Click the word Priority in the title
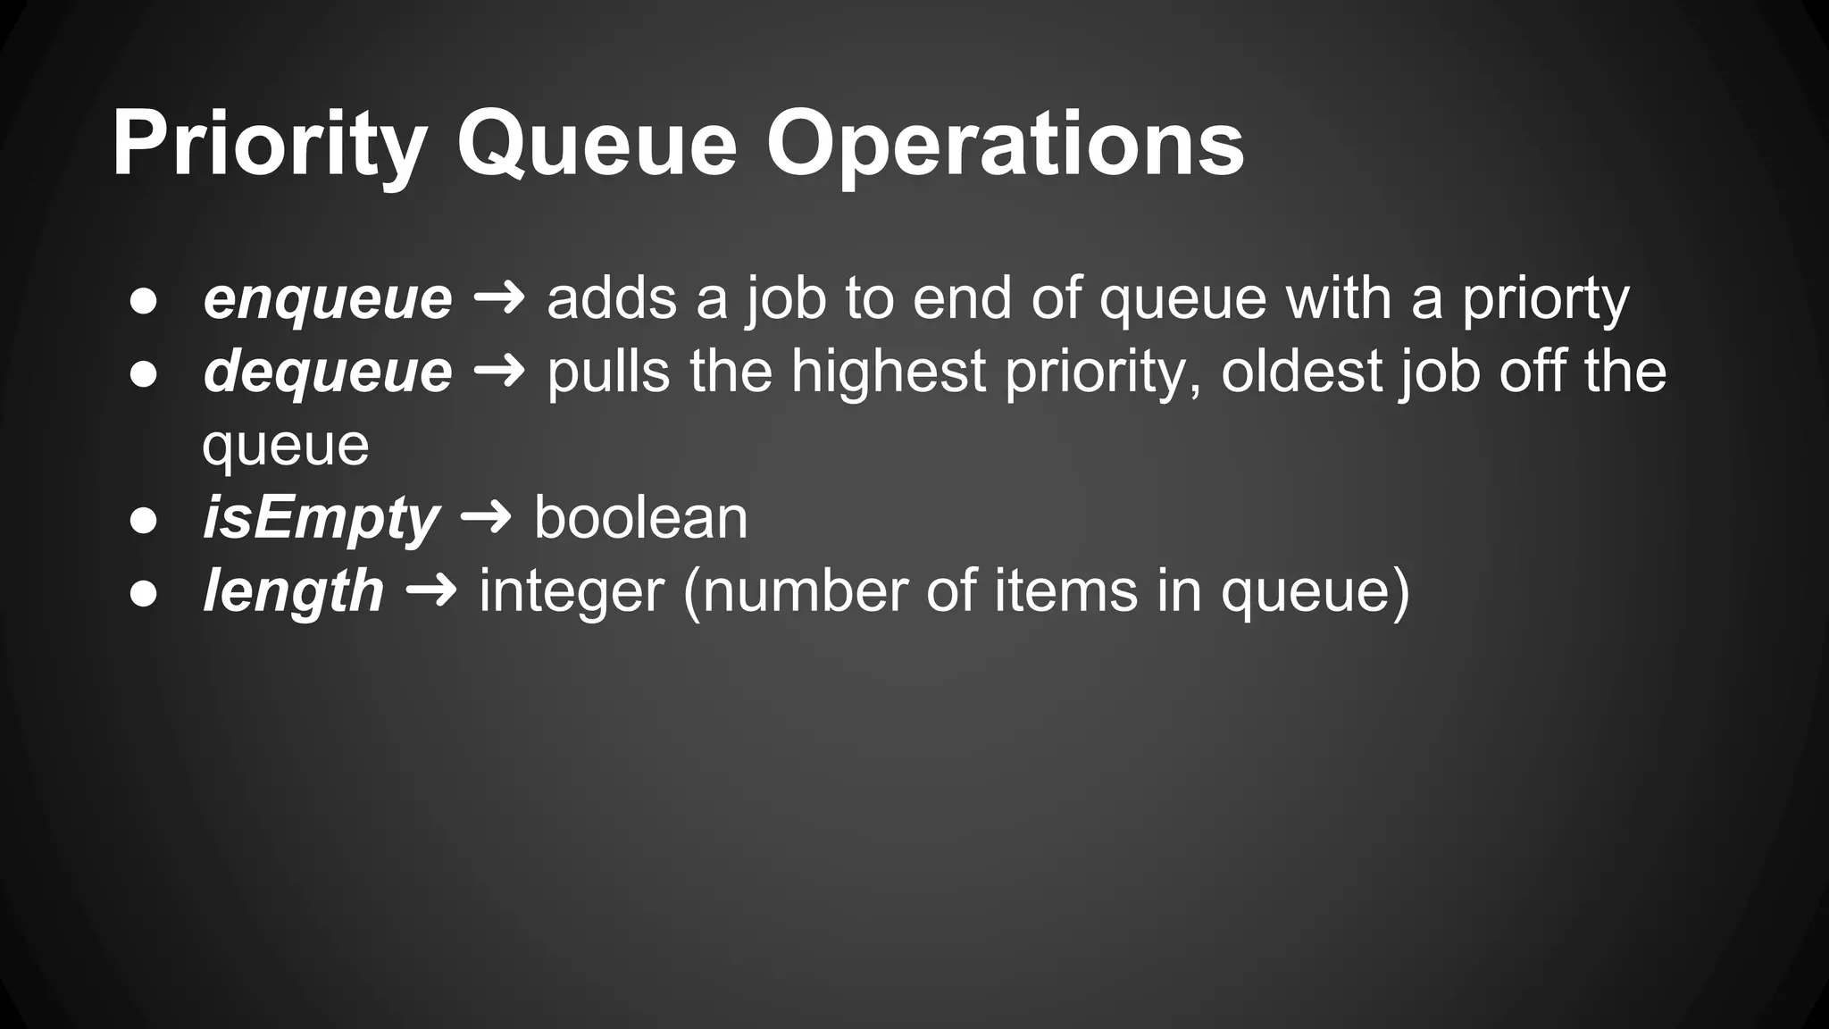click(269, 145)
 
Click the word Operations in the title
click(1005, 145)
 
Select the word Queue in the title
click(597, 145)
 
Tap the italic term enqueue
click(328, 298)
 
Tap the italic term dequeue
click(328, 372)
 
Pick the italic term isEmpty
click(321, 518)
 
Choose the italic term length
click(294, 591)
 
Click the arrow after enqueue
click(499, 298)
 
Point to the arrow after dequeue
click(499, 372)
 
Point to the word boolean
click(640, 518)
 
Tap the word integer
click(572, 591)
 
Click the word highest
click(888, 372)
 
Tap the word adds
click(612, 298)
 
